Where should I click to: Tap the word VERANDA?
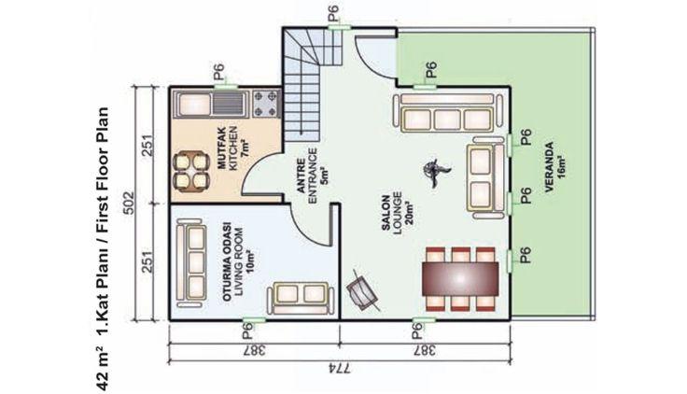pos(549,166)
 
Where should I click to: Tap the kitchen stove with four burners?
pos(266,105)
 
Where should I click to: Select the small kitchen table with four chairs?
pos(191,172)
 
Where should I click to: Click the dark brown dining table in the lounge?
pos(460,279)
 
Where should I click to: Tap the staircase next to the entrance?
pos(308,83)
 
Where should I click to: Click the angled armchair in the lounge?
pos(362,290)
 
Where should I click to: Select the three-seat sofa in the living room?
pos(191,262)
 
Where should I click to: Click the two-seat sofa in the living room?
pos(301,298)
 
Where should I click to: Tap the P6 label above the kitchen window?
pos(218,72)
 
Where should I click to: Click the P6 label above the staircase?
pos(334,12)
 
